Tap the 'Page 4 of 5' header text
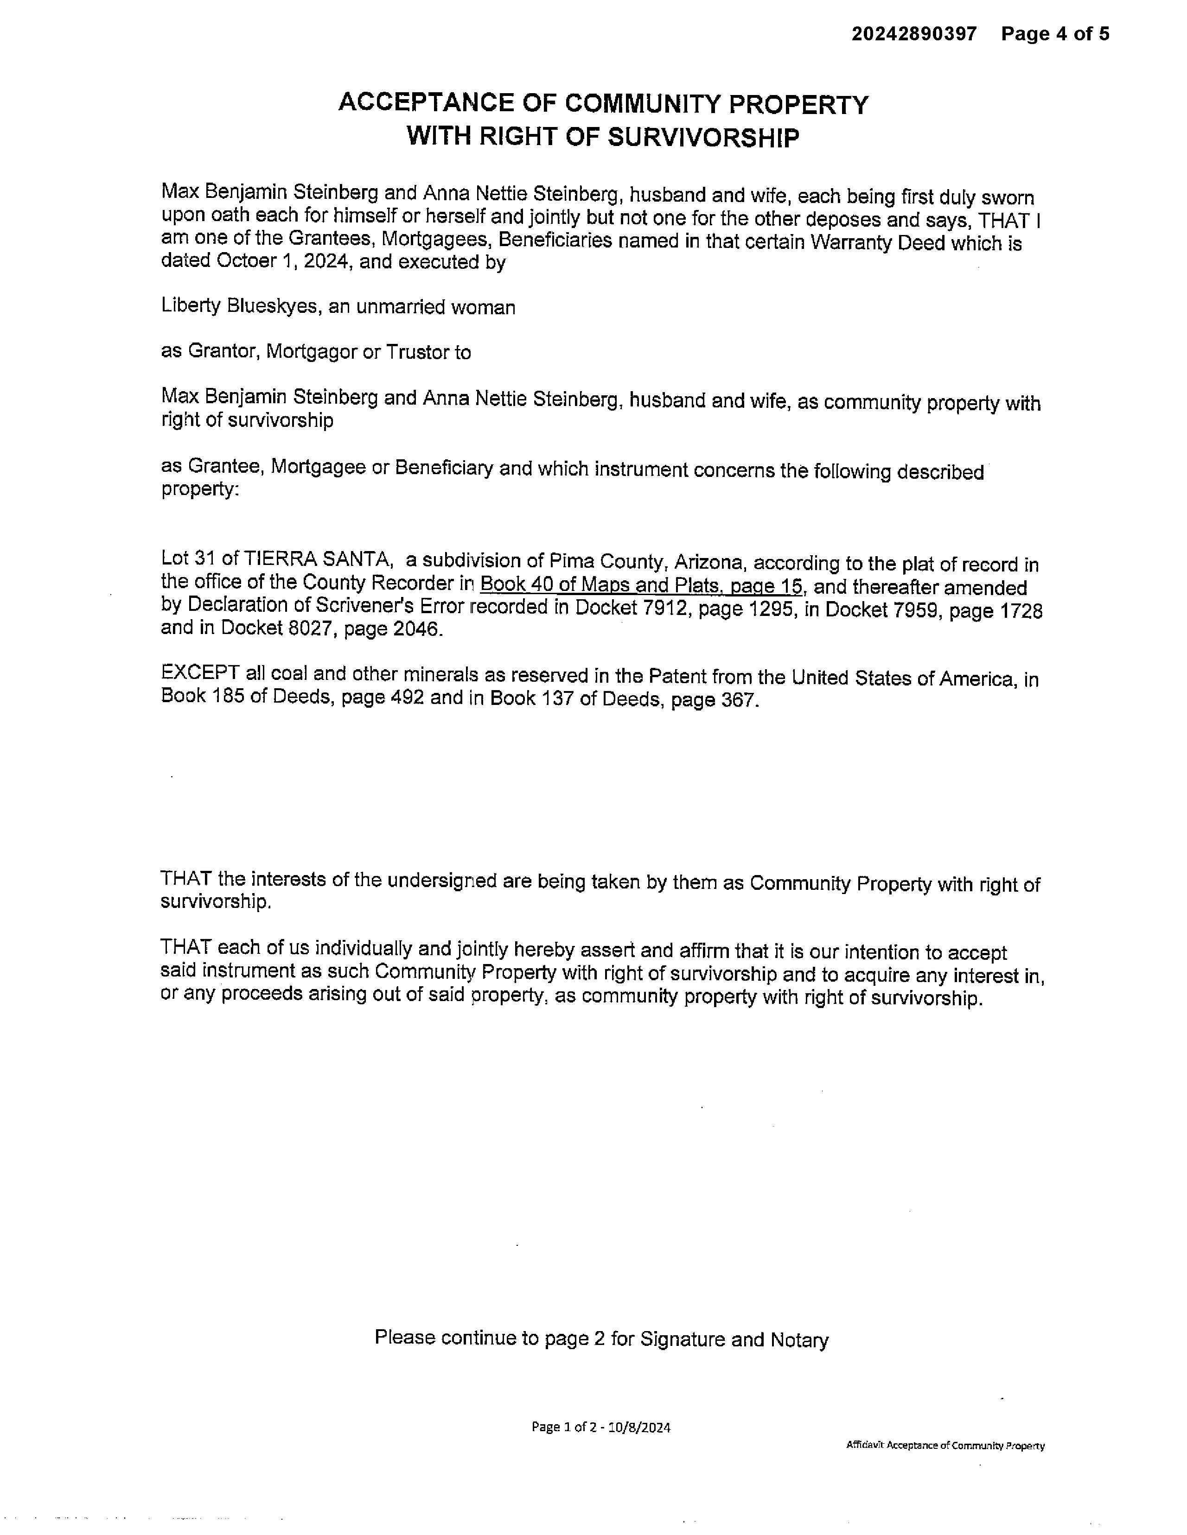(x=1055, y=34)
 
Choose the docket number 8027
(x=312, y=628)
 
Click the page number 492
(x=407, y=698)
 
